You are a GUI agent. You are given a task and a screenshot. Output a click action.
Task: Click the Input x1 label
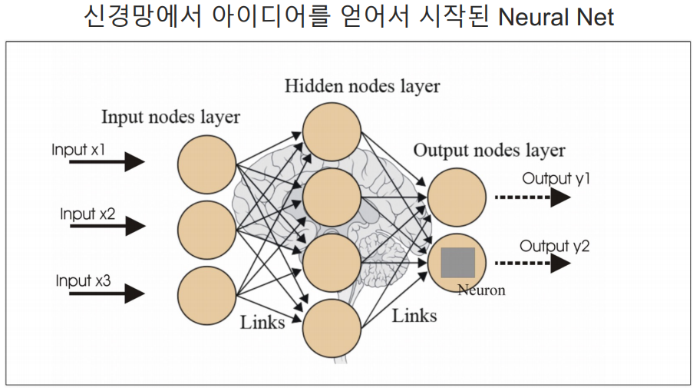click(78, 149)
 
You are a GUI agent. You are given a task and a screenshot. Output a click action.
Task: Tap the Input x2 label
click(87, 214)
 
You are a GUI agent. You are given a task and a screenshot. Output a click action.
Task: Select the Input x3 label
click(84, 280)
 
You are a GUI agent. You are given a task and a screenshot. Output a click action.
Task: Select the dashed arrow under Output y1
click(531, 197)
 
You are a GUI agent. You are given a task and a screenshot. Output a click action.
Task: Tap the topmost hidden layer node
click(332, 131)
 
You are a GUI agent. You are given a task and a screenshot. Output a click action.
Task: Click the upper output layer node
click(457, 197)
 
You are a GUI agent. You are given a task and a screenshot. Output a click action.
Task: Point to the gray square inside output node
click(457, 263)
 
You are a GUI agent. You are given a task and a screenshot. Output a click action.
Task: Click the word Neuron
click(481, 290)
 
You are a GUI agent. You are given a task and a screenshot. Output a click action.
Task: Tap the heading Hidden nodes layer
click(362, 85)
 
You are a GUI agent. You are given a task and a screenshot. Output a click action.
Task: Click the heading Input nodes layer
click(170, 118)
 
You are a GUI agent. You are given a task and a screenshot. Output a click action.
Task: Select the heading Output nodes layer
click(489, 151)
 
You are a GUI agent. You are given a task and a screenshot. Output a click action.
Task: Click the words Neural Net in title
click(556, 17)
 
